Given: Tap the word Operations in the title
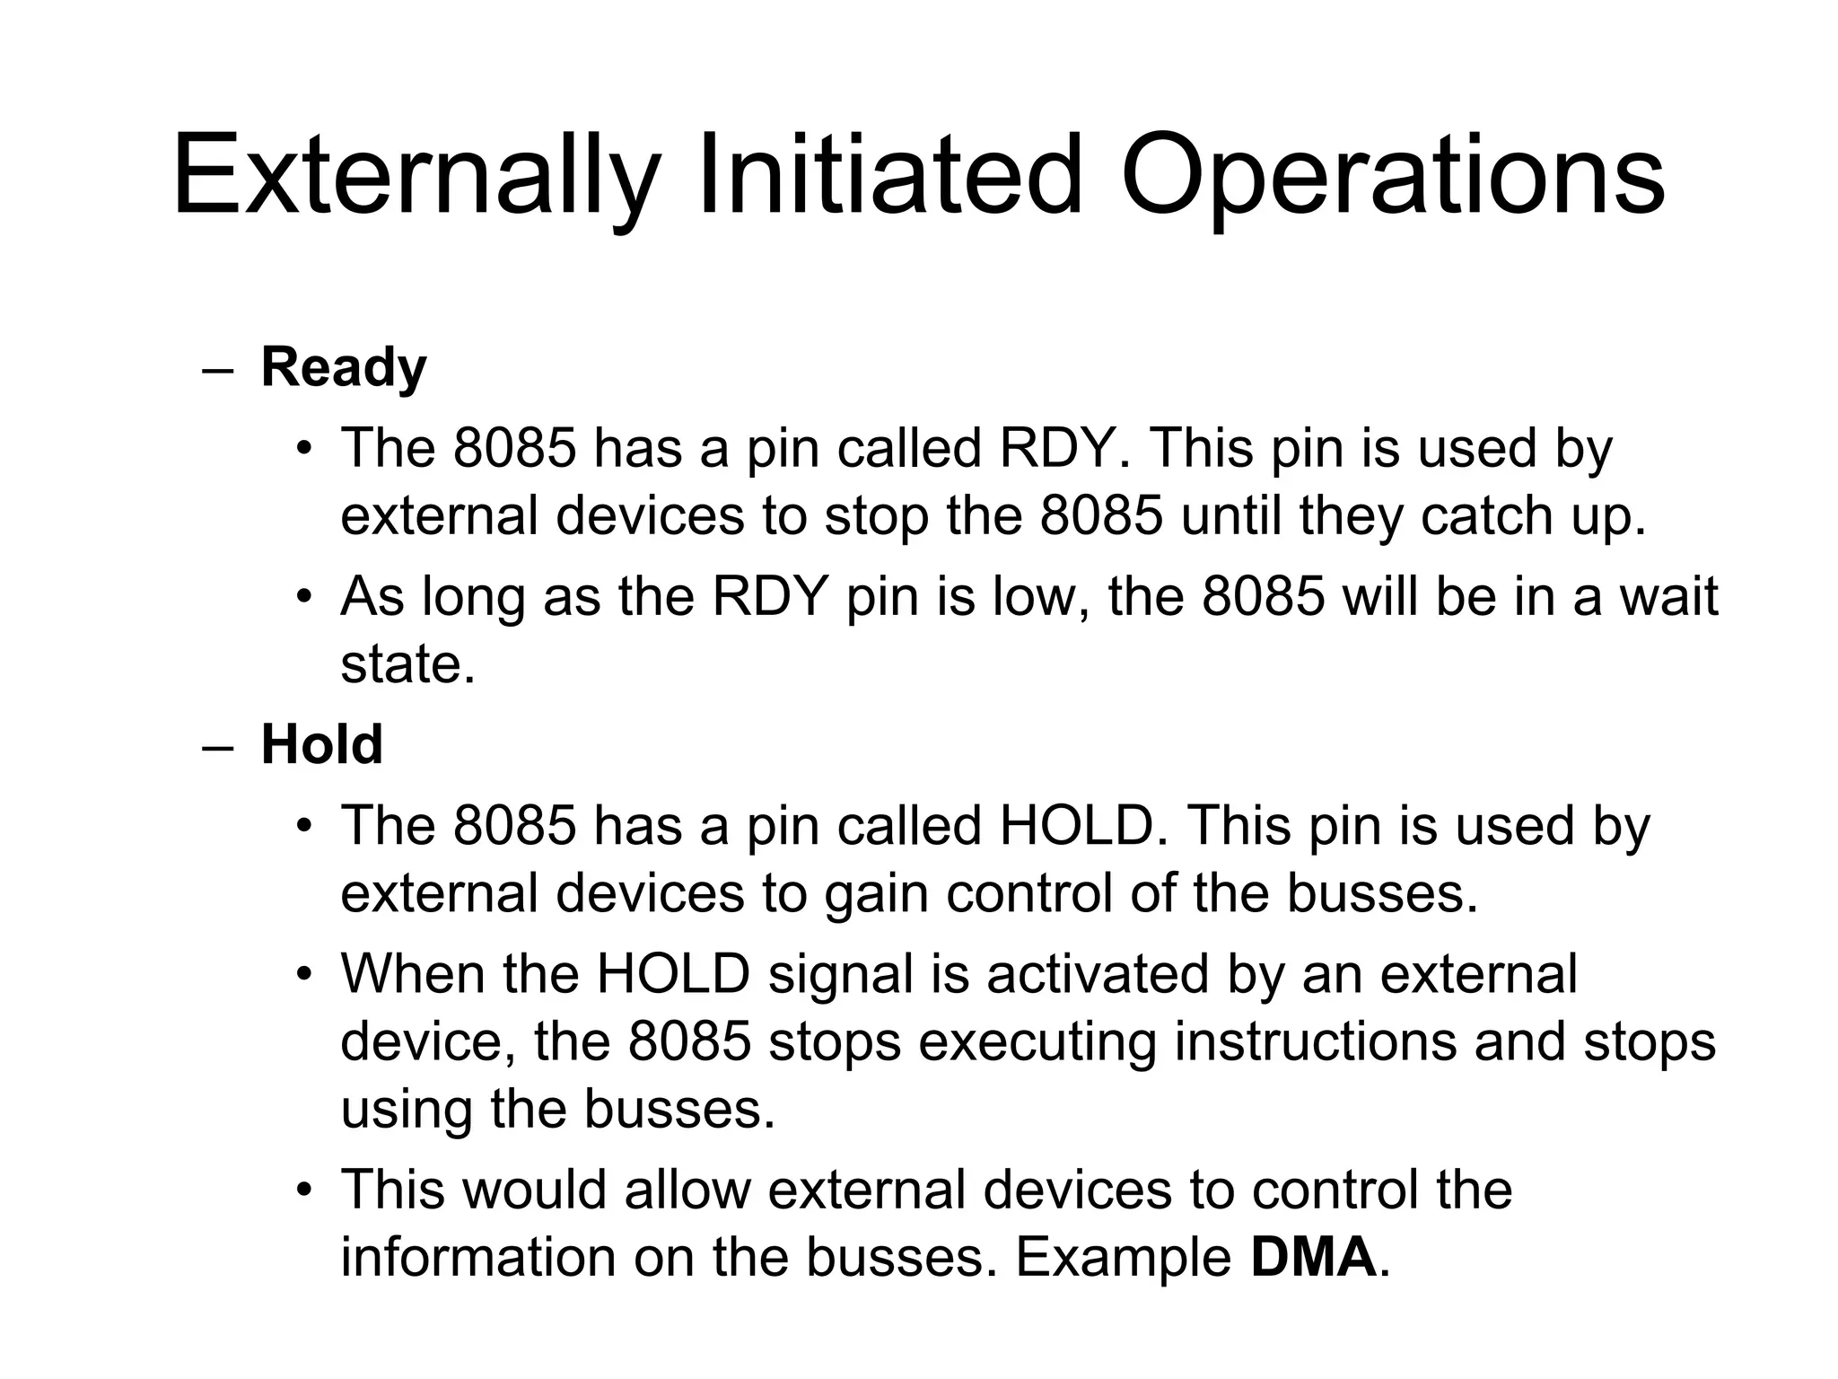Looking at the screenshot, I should [1392, 176].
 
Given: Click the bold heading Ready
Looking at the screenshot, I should [344, 368].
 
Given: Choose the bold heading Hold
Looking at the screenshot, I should [321, 744].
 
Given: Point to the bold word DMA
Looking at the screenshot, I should [1313, 1257].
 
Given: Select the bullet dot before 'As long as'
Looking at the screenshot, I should [305, 597].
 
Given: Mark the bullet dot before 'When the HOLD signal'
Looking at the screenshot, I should [305, 974].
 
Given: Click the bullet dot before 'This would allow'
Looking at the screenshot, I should [305, 1190].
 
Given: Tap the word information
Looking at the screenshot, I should [477, 1257].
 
